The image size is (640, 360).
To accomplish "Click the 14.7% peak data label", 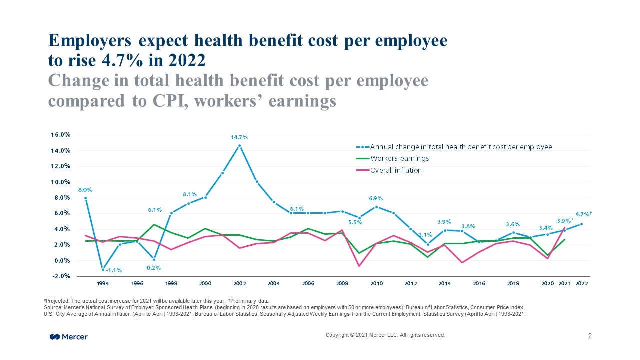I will pos(239,137).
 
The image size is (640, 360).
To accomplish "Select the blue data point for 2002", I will pos(239,146).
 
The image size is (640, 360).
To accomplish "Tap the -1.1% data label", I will pos(113,270).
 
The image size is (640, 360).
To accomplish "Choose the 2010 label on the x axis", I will pos(376,283).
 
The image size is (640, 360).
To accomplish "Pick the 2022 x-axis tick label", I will pos(581,283).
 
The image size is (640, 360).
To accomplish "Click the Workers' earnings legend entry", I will pos(399,158).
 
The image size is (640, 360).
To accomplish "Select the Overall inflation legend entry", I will pos(396,170).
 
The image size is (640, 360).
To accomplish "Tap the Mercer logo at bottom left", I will pos(69,337).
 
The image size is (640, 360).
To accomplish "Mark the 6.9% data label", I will pos(376,199).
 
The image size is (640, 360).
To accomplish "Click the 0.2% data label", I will pos(153,268).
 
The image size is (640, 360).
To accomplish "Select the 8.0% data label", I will pos(85,190).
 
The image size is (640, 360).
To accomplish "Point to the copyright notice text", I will pos(385,335).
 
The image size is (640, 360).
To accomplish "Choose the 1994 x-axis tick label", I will pos(103,283).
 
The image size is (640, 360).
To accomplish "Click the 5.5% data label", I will pos(355,222).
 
